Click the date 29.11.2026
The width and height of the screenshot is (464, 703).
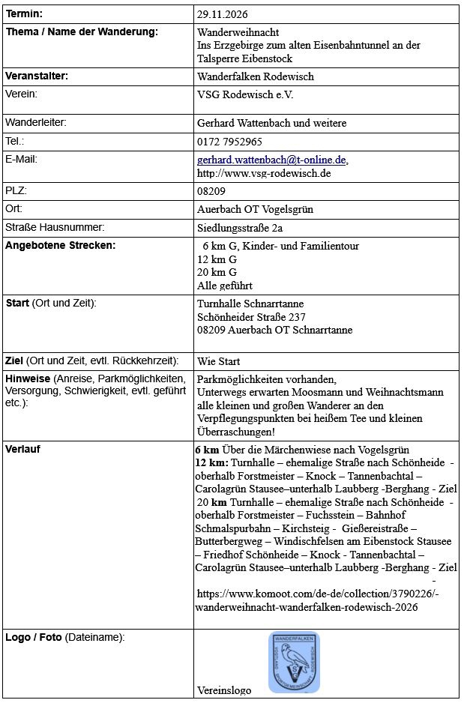point(223,14)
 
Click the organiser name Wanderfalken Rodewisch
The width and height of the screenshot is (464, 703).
point(256,76)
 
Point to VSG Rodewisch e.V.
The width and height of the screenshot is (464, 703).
point(245,95)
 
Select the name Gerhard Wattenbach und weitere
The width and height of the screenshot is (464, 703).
point(271,123)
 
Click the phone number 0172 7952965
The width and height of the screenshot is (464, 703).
point(229,142)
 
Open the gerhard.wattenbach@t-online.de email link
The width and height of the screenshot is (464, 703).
point(271,160)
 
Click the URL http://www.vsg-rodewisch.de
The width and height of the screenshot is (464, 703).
point(264,173)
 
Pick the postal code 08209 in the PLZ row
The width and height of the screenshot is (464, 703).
point(211,191)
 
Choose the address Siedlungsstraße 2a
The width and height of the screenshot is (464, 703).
point(240,229)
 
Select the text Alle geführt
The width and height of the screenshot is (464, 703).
point(225,286)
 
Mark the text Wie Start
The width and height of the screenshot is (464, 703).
point(218,361)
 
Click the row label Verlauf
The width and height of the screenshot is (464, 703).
point(23,450)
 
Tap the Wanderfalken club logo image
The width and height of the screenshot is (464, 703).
point(294,662)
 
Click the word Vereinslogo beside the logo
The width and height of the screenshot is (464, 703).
point(224,690)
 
